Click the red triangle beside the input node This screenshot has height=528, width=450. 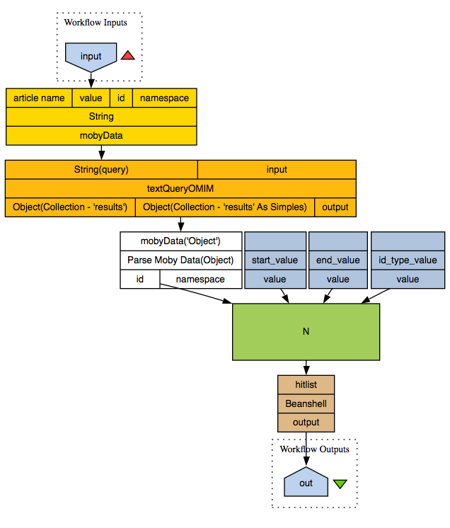pyautogui.click(x=127, y=55)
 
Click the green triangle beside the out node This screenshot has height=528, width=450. pyautogui.click(x=340, y=484)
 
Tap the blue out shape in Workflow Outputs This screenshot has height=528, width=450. pyautogui.click(x=306, y=483)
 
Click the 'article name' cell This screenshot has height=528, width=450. pyautogui.click(x=39, y=98)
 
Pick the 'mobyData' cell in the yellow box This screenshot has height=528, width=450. pyautogui.click(x=101, y=134)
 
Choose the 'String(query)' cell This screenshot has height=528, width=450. pyautogui.click(x=101, y=170)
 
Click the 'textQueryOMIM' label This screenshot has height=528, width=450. pyautogui.click(x=180, y=188)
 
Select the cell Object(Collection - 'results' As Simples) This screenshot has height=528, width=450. pyautogui.click(x=225, y=207)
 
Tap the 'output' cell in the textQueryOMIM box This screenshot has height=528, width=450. pyautogui.click(x=335, y=207)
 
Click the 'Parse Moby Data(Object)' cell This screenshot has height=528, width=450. pyautogui.click(x=180, y=260)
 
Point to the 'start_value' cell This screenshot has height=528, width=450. pyautogui.click(x=275, y=260)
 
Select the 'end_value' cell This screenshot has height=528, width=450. pyautogui.click(x=338, y=260)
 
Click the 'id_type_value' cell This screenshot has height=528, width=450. pyautogui.click(x=408, y=260)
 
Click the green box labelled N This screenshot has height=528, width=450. pyautogui.click(x=306, y=332)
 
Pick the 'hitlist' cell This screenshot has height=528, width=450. pyautogui.click(x=306, y=384)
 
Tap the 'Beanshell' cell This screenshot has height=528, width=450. pyautogui.click(x=306, y=403)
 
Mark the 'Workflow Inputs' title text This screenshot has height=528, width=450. pyautogui.click(x=96, y=22)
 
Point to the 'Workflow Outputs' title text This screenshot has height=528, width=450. pyautogui.click(x=314, y=449)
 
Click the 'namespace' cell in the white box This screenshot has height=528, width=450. pyautogui.click(x=200, y=279)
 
